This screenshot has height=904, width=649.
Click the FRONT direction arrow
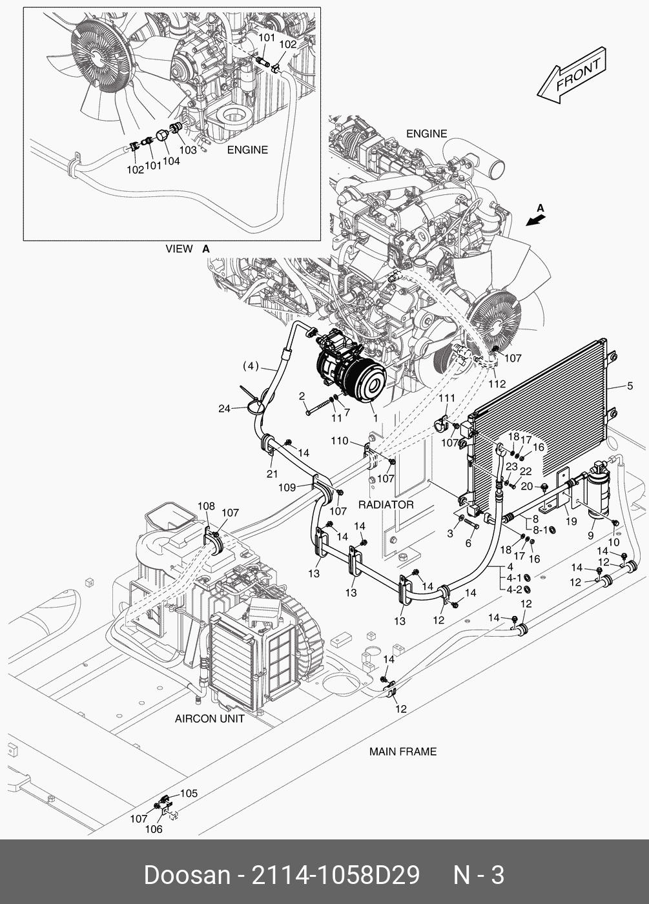pos(572,76)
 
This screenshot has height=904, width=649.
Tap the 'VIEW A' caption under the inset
pos(188,249)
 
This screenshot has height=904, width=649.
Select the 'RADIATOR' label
pos(386,505)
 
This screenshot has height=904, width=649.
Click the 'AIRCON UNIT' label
pos(209,719)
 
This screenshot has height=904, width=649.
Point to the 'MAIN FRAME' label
pos(403,752)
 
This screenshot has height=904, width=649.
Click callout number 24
pos(224,408)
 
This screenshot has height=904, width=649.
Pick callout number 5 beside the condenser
pos(630,386)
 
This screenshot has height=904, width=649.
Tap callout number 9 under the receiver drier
pos(590,535)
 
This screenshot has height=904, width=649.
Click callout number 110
pos(340,440)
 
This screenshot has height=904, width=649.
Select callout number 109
pos(287,488)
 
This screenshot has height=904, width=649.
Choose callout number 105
pos(189,793)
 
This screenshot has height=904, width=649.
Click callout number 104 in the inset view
pos(171,161)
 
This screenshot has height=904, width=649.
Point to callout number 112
pos(497,384)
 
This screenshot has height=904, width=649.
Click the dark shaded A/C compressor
pos(350,366)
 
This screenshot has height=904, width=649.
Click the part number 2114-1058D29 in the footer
pos(335,876)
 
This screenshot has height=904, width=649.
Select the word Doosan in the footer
pos(187,876)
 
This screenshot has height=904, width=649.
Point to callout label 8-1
pos(541,529)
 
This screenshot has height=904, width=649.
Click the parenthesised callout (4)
pos(251,366)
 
